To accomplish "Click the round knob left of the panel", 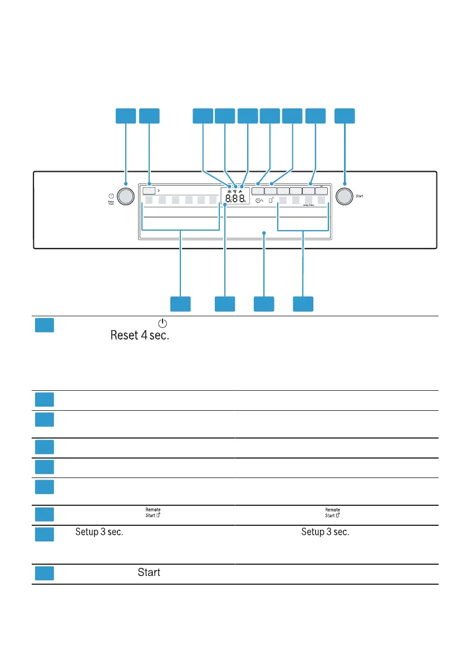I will [126, 196].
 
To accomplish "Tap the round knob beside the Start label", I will [345, 196].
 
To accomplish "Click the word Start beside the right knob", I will [360, 196].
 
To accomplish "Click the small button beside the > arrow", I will [149, 190].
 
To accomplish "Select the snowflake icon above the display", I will [229, 186].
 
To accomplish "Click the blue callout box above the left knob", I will [126, 116].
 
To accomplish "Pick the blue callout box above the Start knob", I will [345, 116].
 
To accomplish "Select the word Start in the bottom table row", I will [149, 572].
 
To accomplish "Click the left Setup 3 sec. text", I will [99, 532].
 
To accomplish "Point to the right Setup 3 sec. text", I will [326, 532].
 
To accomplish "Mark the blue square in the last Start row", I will [44, 573].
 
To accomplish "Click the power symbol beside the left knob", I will [111, 196].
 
